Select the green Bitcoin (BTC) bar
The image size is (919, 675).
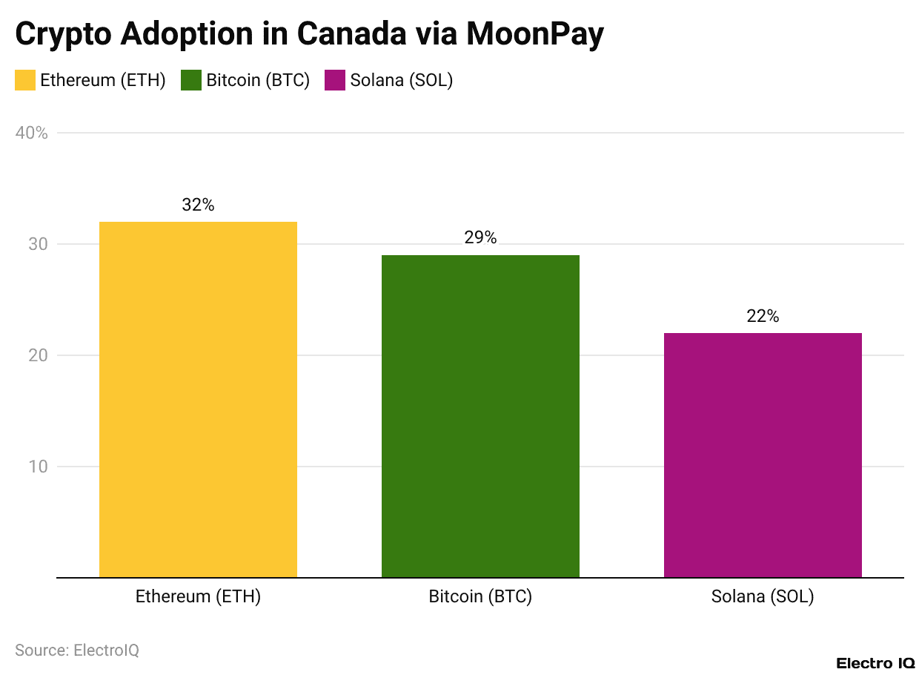480,415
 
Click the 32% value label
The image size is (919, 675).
198,205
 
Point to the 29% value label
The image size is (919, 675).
480,238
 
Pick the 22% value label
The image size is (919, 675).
763,316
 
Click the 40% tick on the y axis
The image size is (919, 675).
31,134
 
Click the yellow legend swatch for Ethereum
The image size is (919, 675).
25,80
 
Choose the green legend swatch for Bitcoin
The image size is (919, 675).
191,80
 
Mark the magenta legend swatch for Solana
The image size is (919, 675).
335,80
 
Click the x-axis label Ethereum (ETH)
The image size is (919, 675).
198,597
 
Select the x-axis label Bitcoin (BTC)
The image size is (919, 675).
480,597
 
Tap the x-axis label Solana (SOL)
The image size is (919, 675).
763,597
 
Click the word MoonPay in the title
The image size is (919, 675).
534,35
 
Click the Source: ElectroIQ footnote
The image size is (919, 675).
77,651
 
